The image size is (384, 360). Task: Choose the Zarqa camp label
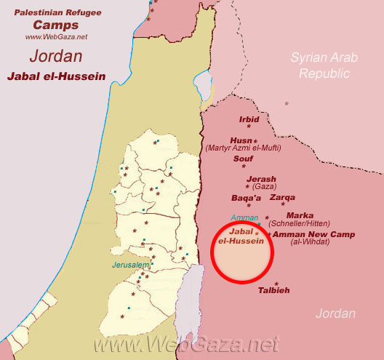coord(283,197)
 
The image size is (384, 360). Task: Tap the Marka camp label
coord(300,215)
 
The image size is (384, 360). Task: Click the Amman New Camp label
coord(309,234)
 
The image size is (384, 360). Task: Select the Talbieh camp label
coord(274,291)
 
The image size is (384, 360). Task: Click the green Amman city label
coord(244,217)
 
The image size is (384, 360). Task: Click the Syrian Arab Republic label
coord(320,65)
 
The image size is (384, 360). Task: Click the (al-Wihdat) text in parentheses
coord(310,242)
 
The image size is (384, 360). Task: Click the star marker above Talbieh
coord(276,283)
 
